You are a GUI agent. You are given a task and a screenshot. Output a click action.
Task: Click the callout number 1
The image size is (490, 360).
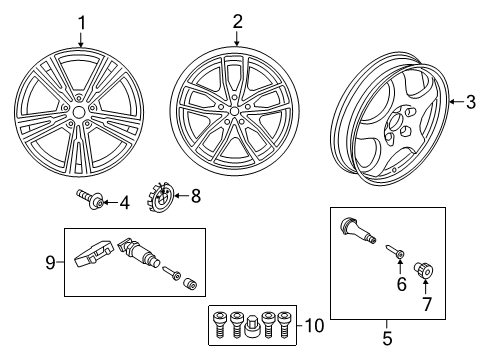click(82, 24)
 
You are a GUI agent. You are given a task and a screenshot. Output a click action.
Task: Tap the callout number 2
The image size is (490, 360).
click(237, 22)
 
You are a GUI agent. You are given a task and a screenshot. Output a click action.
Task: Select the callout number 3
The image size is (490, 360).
click(471, 102)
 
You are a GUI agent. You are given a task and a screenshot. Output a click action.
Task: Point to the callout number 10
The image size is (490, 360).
click(314, 325)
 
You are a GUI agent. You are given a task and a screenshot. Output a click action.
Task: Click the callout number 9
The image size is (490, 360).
click(50, 262)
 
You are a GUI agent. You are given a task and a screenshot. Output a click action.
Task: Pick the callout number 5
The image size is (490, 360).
click(387, 338)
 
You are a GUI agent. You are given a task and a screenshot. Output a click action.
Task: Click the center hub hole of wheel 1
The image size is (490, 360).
click(79, 112)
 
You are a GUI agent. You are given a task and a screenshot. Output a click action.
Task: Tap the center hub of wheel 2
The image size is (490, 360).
click(234, 111)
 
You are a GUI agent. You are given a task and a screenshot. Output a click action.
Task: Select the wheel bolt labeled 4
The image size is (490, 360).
click(90, 199)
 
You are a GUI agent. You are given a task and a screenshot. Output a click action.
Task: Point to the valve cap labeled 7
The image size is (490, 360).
click(423, 270)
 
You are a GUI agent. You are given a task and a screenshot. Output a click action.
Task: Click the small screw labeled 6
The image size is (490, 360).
click(395, 251)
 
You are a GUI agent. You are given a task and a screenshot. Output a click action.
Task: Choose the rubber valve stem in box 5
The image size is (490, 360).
click(358, 230)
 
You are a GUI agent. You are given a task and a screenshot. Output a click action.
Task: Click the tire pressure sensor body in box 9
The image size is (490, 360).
click(95, 253)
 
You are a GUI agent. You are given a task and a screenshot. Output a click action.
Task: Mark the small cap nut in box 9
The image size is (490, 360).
click(190, 284)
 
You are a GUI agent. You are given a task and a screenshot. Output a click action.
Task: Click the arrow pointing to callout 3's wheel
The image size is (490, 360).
click(457, 101)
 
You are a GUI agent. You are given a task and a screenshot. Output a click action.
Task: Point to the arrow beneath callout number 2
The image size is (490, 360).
click(237, 38)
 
